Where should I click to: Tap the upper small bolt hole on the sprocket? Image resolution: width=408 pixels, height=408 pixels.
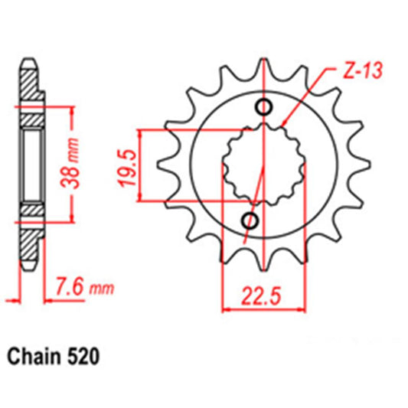point(264,107)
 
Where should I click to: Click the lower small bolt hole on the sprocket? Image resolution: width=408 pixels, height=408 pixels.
point(249,221)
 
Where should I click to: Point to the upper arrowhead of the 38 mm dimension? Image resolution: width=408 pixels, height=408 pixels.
point(73,109)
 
